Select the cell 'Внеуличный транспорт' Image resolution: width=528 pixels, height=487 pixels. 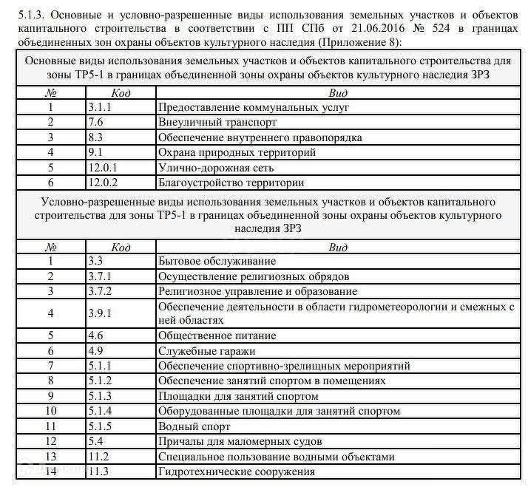[x=217, y=123]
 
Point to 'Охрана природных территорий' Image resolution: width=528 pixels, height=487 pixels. [x=237, y=152]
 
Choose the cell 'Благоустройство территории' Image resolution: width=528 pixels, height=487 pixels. [x=231, y=182]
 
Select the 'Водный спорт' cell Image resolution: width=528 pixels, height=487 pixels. [x=192, y=426]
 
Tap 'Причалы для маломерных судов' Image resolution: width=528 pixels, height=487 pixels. [x=240, y=441]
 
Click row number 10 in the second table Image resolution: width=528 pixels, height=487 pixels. [x=51, y=411]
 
